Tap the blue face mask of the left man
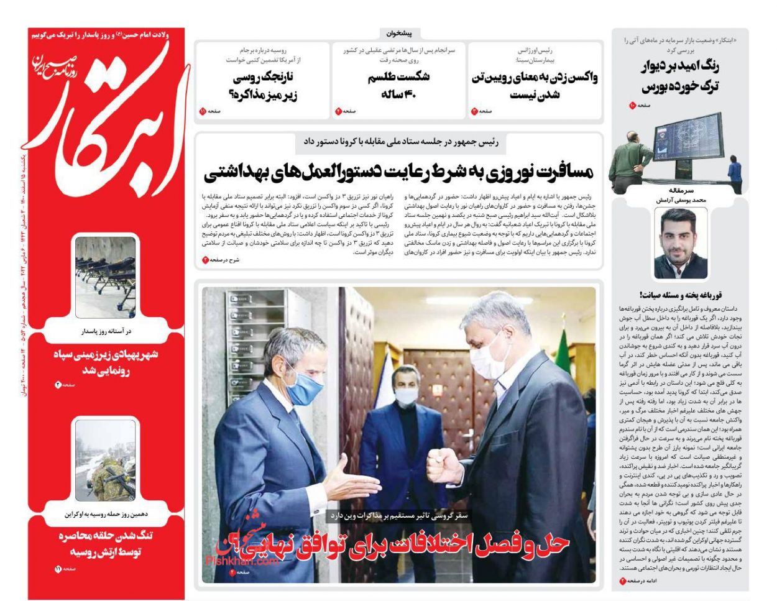[304, 381]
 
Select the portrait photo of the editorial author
[680, 242]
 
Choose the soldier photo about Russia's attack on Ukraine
[105, 460]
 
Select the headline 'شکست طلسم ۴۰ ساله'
[399, 85]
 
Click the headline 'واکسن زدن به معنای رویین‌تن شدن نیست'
[535, 86]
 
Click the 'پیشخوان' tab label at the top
[399, 34]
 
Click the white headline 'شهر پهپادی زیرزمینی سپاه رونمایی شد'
[105, 363]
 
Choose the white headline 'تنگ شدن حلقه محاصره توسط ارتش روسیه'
[105, 544]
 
